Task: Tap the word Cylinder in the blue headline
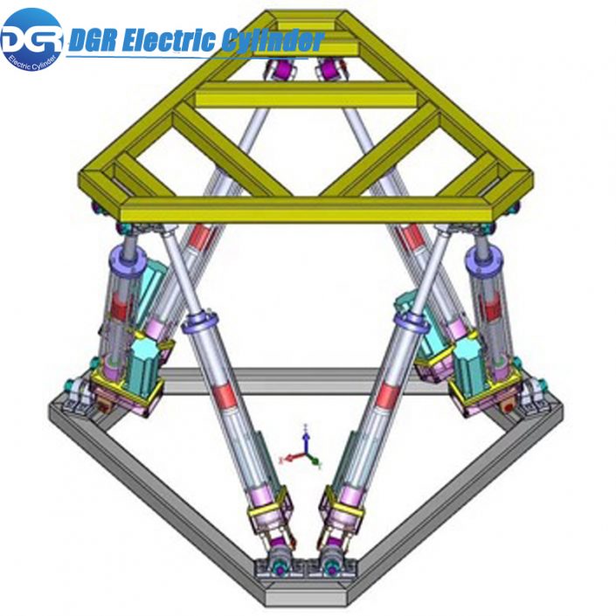pos(271,40)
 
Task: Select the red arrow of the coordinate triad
pos(289,457)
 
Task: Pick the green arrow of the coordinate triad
pos(315,457)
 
